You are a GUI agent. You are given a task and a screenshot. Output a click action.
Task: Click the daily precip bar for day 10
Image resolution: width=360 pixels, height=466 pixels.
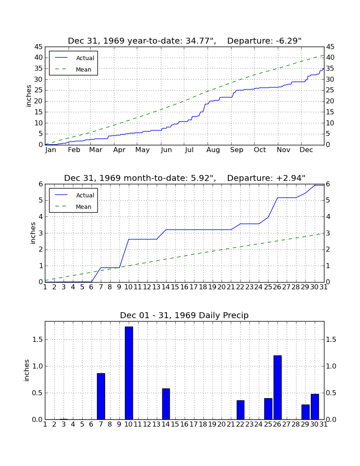(129, 373)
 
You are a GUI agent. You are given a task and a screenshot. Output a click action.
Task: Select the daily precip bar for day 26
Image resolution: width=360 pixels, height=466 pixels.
(277, 388)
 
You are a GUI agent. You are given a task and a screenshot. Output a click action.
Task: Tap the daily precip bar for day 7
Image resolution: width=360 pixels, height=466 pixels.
(101, 397)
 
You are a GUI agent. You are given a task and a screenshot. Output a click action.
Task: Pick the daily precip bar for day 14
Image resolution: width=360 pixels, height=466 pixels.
(166, 404)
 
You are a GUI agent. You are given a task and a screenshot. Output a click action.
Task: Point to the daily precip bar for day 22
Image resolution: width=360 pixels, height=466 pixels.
(240, 410)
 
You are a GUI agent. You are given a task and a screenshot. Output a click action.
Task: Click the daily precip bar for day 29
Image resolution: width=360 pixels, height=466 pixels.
(305, 412)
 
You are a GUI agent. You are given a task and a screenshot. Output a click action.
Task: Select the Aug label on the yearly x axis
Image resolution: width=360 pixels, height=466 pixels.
(213, 150)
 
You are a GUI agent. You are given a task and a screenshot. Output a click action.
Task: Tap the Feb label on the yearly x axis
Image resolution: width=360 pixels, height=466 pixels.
(74, 150)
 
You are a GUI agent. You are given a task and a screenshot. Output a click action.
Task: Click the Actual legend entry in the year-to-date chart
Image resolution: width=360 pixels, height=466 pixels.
(73, 58)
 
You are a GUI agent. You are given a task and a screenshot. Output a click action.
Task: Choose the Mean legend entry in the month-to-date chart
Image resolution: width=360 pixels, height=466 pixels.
(73, 207)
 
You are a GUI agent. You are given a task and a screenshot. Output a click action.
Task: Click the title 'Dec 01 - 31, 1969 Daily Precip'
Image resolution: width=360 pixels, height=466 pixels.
(184, 315)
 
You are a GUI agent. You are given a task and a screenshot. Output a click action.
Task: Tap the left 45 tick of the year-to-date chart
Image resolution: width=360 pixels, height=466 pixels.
(39, 47)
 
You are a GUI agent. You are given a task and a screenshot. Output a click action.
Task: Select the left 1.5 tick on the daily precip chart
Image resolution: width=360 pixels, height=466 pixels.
(37, 339)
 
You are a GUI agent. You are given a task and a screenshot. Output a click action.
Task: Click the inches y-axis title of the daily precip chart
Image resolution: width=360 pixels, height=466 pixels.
(27, 370)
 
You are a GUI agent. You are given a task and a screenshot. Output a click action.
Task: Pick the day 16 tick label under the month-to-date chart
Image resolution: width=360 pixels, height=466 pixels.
(184, 287)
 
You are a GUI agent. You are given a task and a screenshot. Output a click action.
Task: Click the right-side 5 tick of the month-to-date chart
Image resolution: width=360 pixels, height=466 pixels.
(328, 200)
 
